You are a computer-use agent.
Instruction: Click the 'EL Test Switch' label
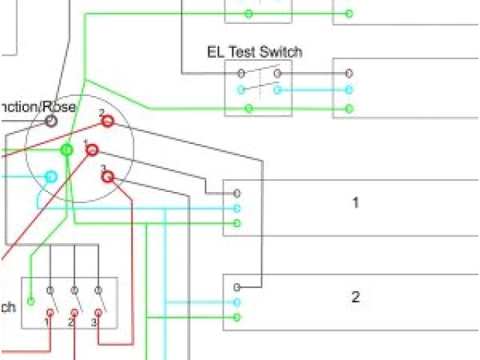click(x=254, y=52)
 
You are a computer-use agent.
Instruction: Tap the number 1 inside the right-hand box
click(x=355, y=202)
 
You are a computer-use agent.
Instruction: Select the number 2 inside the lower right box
click(x=355, y=297)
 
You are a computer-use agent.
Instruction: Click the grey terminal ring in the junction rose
click(x=51, y=120)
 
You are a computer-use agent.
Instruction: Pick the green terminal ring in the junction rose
click(x=67, y=150)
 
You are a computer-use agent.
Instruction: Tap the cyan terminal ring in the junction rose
click(x=51, y=177)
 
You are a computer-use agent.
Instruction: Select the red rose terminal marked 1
click(x=92, y=151)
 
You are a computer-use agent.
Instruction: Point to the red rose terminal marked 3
click(x=107, y=177)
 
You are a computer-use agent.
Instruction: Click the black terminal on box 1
click(x=237, y=193)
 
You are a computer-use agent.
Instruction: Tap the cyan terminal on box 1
click(x=237, y=208)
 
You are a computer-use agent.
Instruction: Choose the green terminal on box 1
click(x=237, y=223)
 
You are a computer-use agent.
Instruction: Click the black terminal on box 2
click(x=237, y=287)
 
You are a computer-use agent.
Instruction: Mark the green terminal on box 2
click(x=237, y=317)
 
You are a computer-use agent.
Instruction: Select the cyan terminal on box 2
click(x=237, y=302)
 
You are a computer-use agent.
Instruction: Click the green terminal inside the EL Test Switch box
click(x=248, y=108)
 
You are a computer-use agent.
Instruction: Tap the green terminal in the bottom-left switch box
click(x=30, y=301)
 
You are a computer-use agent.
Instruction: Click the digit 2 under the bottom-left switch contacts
click(x=70, y=322)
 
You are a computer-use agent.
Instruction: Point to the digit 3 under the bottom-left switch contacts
click(x=94, y=322)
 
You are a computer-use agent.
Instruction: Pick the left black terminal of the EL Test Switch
click(x=241, y=73)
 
